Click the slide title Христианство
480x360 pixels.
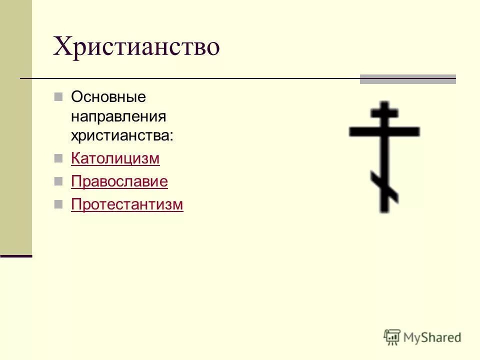pyautogui.click(x=136, y=47)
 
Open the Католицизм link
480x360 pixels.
pyautogui.click(x=115, y=158)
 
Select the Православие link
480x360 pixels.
pyautogui.click(x=119, y=181)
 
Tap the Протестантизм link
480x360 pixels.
pyautogui.click(x=127, y=204)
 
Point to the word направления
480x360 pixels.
pyautogui.click(x=118, y=116)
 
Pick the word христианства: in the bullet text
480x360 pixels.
pyautogui.click(x=122, y=135)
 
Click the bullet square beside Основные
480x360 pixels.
pyautogui.click(x=58, y=96)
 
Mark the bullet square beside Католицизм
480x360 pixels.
pyautogui.click(x=58, y=158)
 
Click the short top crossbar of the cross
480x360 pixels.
pyautogui.click(x=384, y=112)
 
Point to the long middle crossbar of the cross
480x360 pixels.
pyautogui.click(x=384, y=131)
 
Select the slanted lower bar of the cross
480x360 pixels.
pyautogui.click(x=384, y=185)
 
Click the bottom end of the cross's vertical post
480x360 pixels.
pyautogui.click(x=384, y=209)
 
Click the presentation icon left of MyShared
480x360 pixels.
pyautogui.click(x=392, y=337)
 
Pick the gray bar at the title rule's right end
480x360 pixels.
pyautogui.click(x=408, y=79)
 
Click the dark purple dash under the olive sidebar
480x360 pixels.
pyautogui.click(x=16, y=256)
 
